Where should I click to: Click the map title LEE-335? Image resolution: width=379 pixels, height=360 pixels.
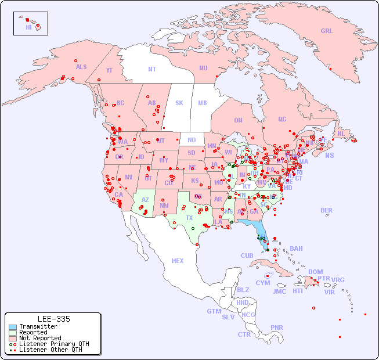(x=53, y=319)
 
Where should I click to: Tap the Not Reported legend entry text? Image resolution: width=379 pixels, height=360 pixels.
(x=39, y=338)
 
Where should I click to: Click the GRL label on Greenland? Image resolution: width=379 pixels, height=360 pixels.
(x=327, y=31)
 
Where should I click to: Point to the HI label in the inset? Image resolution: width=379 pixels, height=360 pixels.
(x=28, y=27)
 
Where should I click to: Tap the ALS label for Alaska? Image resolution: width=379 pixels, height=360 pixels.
(x=81, y=67)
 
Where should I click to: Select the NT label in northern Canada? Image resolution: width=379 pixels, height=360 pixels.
(x=152, y=69)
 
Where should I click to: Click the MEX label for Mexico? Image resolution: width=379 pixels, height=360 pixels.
(x=178, y=261)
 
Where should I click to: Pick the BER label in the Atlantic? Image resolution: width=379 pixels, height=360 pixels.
(x=327, y=210)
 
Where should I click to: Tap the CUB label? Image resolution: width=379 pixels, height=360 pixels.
(x=247, y=255)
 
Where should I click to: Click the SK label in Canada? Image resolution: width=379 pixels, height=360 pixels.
(x=179, y=103)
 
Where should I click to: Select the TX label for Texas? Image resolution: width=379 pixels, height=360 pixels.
(x=189, y=218)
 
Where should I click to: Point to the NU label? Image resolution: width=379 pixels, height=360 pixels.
(x=203, y=68)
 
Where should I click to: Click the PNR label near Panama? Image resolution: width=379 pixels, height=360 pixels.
(x=277, y=327)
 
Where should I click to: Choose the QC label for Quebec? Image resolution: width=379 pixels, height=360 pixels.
(x=282, y=119)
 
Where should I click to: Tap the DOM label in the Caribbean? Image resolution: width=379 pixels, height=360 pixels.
(x=315, y=272)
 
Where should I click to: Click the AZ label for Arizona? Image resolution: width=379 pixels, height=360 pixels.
(x=145, y=200)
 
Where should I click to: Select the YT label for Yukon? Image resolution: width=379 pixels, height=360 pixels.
(x=109, y=70)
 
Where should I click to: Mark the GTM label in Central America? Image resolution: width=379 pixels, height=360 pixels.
(x=214, y=311)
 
